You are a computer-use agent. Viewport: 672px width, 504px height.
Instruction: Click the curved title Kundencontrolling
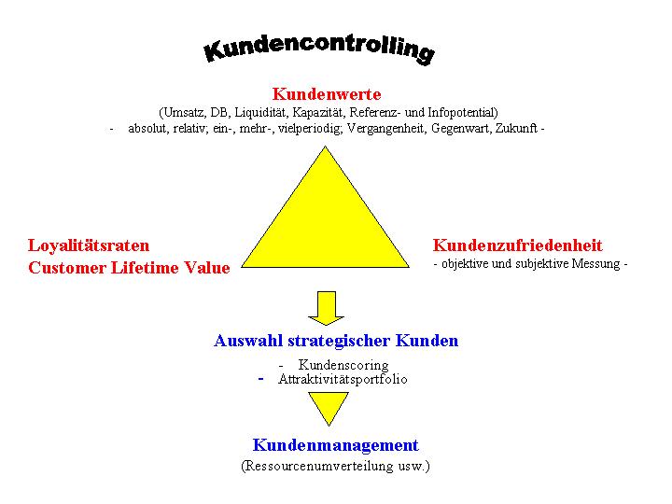(x=319, y=48)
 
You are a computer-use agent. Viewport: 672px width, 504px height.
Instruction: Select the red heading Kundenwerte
(x=327, y=94)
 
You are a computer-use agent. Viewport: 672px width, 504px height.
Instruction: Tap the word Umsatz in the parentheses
(x=184, y=112)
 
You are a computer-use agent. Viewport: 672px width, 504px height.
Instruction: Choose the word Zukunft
(x=516, y=128)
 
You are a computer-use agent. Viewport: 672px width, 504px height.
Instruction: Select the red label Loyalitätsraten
(x=89, y=246)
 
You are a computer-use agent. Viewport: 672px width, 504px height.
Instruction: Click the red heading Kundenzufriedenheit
(x=517, y=245)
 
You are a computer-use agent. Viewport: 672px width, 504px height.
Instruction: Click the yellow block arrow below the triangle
(x=326, y=308)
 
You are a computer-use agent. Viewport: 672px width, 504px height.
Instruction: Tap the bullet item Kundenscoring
(x=343, y=365)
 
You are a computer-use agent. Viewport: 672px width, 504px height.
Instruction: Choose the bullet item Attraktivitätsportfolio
(x=343, y=379)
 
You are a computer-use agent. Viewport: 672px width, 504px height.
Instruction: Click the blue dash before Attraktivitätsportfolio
(x=260, y=379)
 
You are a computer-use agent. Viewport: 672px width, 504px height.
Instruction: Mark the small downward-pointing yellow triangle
(x=329, y=409)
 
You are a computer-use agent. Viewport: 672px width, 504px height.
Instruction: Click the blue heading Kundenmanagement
(x=336, y=445)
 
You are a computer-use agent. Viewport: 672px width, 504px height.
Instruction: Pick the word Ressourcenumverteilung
(x=319, y=466)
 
